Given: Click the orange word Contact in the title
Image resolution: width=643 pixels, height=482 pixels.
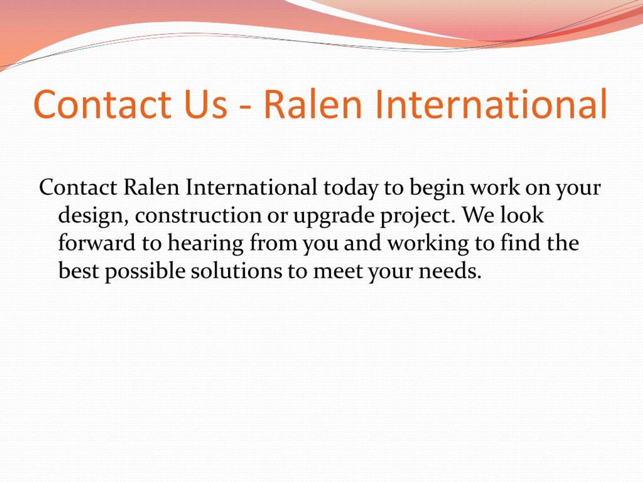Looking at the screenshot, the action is [x=102, y=104].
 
